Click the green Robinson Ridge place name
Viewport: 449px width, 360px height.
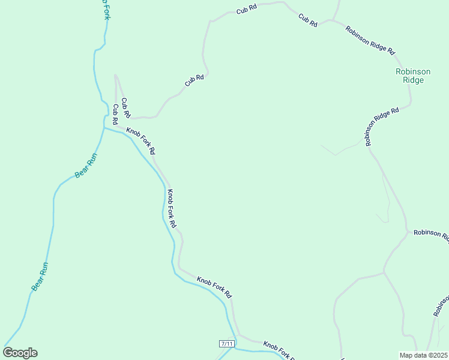[x=410, y=76]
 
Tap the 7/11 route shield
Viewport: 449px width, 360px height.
[x=226, y=343]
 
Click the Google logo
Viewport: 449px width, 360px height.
[x=20, y=353]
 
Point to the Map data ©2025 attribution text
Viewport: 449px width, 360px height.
[x=423, y=355]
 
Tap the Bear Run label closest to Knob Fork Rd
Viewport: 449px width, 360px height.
[x=86, y=166]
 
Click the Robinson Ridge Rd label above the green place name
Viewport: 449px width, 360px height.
[x=370, y=40]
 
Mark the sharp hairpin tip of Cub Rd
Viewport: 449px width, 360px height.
[x=116, y=76]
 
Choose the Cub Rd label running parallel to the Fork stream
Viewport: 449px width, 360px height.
[x=115, y=114]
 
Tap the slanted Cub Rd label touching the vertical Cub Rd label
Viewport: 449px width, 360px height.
[x=126, y=107]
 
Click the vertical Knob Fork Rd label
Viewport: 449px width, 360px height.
[x=172, y=208]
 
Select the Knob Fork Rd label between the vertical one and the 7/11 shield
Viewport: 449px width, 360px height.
[x=214, y=287]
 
